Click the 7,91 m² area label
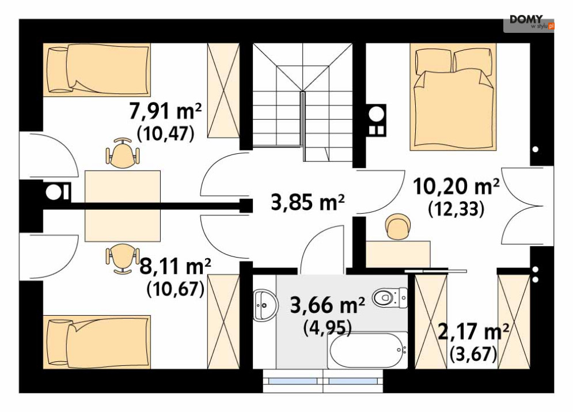click(165, 111)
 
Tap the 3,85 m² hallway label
click(308, 202)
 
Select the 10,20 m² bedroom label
click(456, 186)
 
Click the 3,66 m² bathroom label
click(327, 304)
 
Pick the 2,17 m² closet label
click(473, 331)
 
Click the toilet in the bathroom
click(390, 297)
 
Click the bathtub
click(367, 350)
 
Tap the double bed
click(453, 97)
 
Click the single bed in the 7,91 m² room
click(97, 70)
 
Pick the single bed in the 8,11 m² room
click(97, 342)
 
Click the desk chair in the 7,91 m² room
click(123, 153)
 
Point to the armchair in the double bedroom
click(398, 226)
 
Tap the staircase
click(302, 103)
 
